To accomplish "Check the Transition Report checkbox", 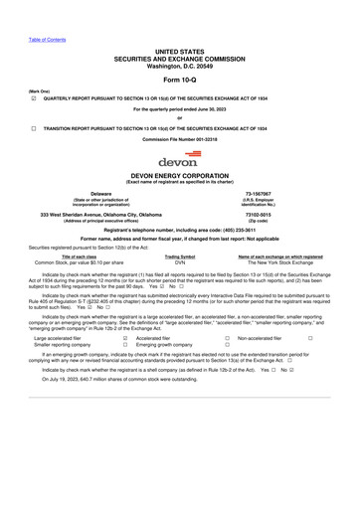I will pos(35,128).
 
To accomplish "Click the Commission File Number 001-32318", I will pos(179,139).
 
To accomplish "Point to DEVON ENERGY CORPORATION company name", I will pos(179,174).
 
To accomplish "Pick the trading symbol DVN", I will pos(180,262).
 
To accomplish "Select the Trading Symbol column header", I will pos(180,256).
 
